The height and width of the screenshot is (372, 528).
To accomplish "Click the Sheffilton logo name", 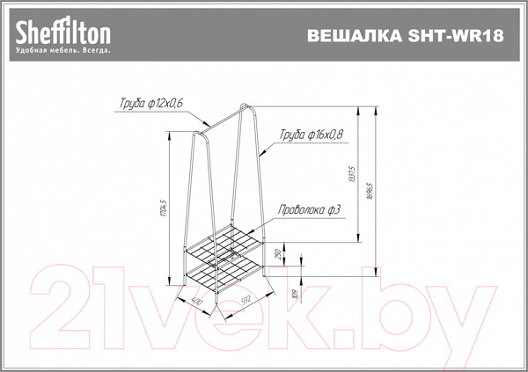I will [63, 33].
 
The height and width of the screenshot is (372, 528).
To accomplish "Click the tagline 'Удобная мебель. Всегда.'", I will [63, 52].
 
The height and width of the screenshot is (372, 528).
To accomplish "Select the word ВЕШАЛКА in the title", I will [348, 37].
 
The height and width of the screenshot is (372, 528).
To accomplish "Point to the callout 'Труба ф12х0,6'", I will [151, 104].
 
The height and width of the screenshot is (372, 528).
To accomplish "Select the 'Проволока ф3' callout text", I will [310, 209].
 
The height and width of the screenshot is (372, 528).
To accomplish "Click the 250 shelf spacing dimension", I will [277, 254].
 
